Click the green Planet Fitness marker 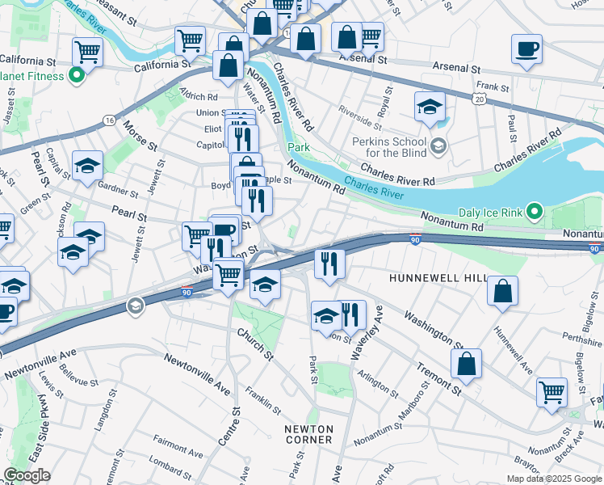(x=77, y=77)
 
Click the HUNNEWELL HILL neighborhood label (x=438, y=277)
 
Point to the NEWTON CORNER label (x=308, y=434)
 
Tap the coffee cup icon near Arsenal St (x=526, y=49)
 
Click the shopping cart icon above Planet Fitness (x=88, y=53)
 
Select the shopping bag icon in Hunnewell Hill (x=502, y=292)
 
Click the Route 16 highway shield (x=108, y=120)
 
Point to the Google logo (x=27, y=475)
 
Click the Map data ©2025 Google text (x=554, y=479)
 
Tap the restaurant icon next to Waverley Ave (x=350, y=314)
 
